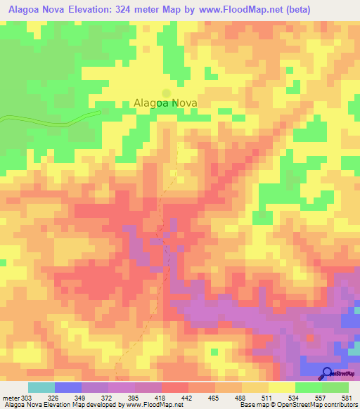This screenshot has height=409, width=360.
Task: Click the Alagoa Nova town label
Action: click(x=166, y=103)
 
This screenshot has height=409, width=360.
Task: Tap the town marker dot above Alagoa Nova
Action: click(x=167, y=92)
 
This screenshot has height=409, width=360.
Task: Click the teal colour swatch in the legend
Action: click(x=41, y=387)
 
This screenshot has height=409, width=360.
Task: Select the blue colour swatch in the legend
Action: click(x=68, y=387)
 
